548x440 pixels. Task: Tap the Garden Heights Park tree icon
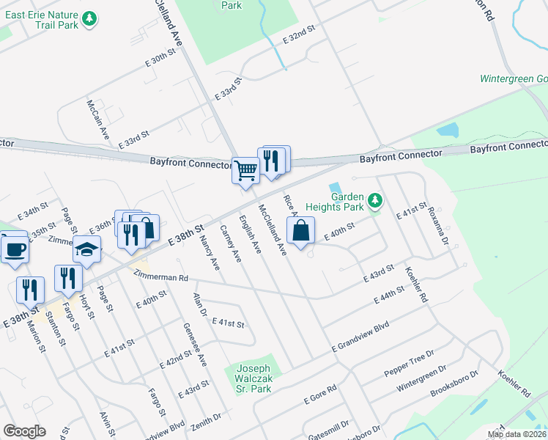click(x=375, y=200)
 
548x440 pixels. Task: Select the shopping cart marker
click(x=245, y=170)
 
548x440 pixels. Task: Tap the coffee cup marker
click(x=15, y=249)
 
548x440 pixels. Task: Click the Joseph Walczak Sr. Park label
click(x=253, y=374)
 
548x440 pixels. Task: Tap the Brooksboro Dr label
click(x=454, y=384)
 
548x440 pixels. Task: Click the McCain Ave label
click(x=97, y=121)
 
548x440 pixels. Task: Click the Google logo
click(x=24, y=431)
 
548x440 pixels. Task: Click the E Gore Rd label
click(x=320, y=394)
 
